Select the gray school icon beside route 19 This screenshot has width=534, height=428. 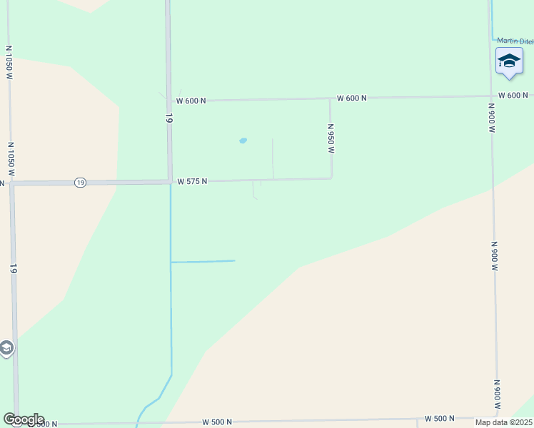click(x=6, y=348)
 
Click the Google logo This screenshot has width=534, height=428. click(x=23, y=419)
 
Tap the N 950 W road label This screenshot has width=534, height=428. click(x=331, y=138)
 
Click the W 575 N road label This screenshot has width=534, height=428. click(x=192, y=181)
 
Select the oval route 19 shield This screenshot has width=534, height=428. click(x=80, y=183)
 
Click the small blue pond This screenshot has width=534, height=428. click(x=243, y=141)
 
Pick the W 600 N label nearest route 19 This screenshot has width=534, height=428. click(x=191, y=101)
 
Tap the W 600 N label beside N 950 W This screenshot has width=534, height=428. click(x=351, y=98)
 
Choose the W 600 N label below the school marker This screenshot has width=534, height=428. click(x=513, y=95)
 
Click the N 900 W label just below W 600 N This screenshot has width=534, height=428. click(x=492, y=118)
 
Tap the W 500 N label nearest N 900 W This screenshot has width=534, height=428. click(x=440, y=418)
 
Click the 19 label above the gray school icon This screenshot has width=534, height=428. click(x=14, y=269)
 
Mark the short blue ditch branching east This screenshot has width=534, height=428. click(x=203, y=262)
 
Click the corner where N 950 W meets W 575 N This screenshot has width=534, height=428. click(x=331, y=178)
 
